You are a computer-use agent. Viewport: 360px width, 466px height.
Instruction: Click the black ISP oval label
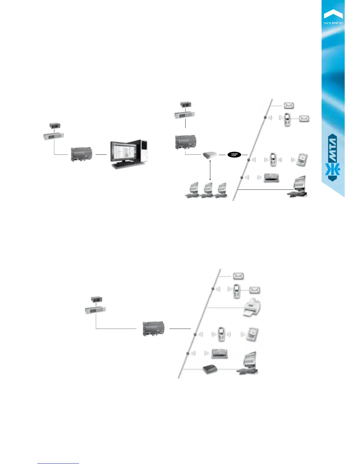[x=234, y=155]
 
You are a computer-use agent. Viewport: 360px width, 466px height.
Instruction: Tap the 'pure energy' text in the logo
[x=333, y=23]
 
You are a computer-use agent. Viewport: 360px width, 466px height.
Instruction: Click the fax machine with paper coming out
[x=251, y=307]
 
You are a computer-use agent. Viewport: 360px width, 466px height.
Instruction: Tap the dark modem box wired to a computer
[x=210, y=370]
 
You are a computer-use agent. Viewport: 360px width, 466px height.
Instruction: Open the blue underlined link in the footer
[x=58, y=463]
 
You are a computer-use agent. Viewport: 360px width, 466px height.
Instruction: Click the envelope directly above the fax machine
[x=254, y=290]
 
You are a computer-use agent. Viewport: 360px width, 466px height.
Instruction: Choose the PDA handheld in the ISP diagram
[x=302, y=160]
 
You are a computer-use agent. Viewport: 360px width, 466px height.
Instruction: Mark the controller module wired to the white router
[x=185, y=142]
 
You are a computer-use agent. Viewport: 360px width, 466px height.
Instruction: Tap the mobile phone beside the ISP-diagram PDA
[x=273, y=159]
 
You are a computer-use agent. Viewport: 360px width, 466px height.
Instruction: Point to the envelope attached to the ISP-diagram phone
[x=304, y=119]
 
